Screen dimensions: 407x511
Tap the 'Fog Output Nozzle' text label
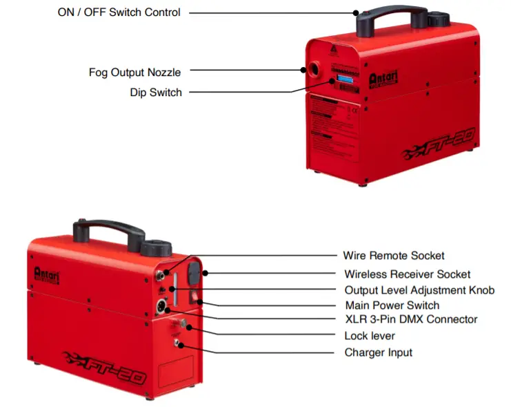pos(135,72)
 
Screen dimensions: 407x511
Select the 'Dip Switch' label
pos(156,92)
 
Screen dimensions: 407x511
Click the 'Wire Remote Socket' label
pos(394,256)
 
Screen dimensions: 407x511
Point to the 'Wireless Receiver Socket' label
pos(408,274)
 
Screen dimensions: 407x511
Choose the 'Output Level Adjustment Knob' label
pos(419,290)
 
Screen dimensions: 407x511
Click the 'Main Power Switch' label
pos(392,305)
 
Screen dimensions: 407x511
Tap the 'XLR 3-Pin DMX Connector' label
pos(411,319)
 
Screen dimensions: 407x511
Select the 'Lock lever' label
pos(369,336)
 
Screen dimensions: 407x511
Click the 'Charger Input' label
pos(379,352)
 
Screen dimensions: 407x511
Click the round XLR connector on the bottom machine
pos(166,305)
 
